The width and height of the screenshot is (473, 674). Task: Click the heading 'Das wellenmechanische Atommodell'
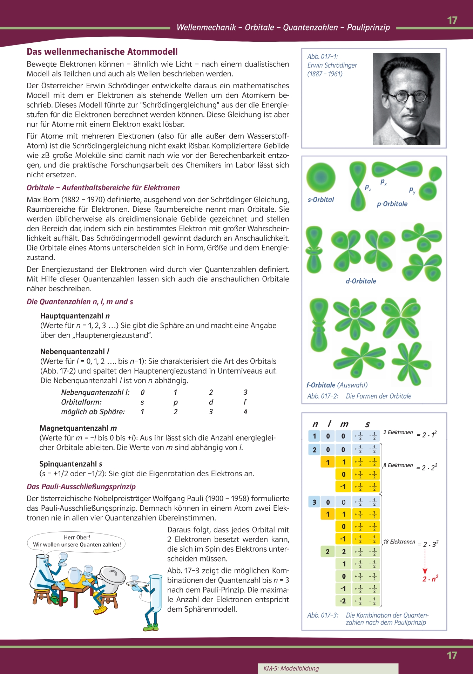102,52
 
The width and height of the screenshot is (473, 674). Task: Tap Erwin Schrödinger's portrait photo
406,98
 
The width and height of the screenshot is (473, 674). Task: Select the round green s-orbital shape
320,177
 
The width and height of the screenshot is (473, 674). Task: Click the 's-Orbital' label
320,200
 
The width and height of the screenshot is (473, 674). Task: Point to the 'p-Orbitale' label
392,204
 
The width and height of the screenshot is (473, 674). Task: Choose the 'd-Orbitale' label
361,281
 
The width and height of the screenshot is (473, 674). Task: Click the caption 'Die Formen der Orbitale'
378,396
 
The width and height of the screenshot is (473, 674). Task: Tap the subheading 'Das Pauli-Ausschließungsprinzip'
81,487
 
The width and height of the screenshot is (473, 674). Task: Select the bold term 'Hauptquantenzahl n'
75,316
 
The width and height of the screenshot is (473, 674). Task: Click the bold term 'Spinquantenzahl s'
71,464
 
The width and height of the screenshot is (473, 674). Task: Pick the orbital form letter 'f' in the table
245,402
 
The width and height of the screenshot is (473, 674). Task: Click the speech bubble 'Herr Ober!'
77,541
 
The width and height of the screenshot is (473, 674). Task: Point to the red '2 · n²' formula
430,579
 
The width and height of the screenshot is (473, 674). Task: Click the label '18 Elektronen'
399,542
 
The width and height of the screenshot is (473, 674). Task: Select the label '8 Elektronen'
398,465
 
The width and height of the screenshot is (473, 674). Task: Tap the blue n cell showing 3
314,502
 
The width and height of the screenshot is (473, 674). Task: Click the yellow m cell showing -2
343,601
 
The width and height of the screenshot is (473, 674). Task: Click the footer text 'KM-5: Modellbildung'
291,668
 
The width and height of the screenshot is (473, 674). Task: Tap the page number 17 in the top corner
452,20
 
